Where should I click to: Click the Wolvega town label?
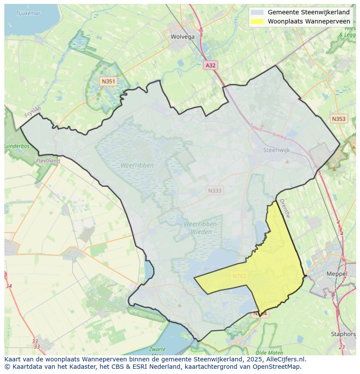(183, 37)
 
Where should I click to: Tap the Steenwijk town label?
(277, 150)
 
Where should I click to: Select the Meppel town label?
(337, 274)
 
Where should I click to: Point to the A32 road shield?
(210, 65)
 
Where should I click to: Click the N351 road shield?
(108, 81)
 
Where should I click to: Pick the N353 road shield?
(339, 119)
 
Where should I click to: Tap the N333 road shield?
(214, 190)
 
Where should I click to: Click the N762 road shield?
(239, 276)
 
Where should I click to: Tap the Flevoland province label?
(48, 161)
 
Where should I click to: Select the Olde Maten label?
(267, 353)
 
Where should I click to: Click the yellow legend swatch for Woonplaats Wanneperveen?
(257, 21)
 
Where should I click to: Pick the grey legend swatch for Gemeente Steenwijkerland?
(257, 13)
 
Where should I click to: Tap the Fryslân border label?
(33, 113)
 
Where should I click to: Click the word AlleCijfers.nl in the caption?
(287, 360)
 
